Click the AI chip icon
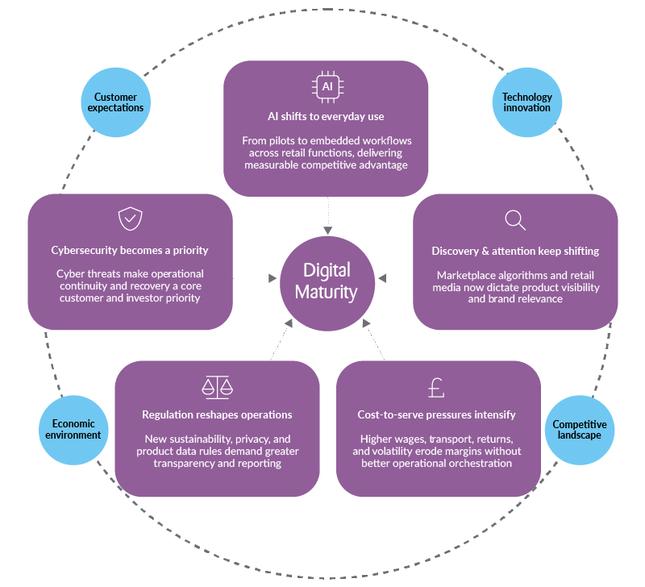(327, 87)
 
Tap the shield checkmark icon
(130, 219)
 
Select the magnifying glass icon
(515, 219)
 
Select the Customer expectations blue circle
(117, 102)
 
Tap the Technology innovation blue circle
(527, 102)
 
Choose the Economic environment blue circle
(73, 429)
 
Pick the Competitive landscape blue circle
(579, 430)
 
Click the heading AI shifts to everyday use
(326, 116)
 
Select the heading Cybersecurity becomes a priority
(130, 251)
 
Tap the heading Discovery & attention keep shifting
(515, 251)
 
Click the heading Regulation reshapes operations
(217, 414)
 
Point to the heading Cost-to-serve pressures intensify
(436, 414)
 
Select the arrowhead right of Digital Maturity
(383, 278)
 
